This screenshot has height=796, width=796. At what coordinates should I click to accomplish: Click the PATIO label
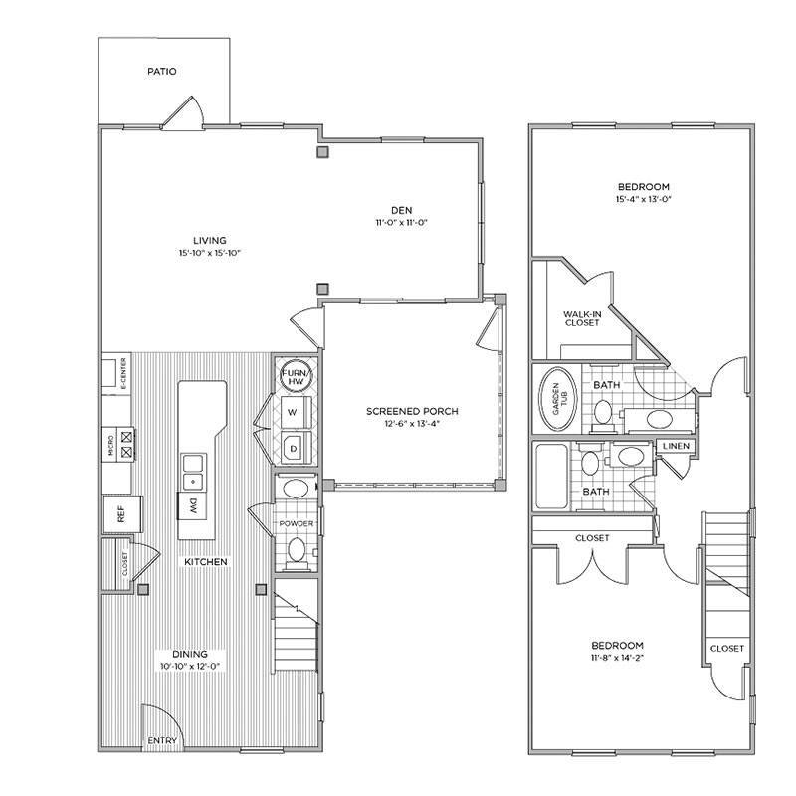pos(161,72)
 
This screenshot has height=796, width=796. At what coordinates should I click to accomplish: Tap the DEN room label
pos(401,209)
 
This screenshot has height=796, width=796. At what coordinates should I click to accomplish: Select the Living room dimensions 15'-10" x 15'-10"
pos(210,254)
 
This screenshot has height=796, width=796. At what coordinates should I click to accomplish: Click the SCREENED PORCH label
pos(411,411)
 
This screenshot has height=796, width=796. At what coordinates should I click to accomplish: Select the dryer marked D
pos(294,448)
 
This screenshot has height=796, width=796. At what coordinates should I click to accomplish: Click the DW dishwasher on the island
pos(192,506)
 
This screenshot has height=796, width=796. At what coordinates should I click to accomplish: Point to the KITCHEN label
pos(206,562)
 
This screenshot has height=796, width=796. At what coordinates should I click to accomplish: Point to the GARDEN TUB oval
pos(550,397)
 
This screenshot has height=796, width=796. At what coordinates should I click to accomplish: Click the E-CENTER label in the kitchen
pos(121,372)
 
